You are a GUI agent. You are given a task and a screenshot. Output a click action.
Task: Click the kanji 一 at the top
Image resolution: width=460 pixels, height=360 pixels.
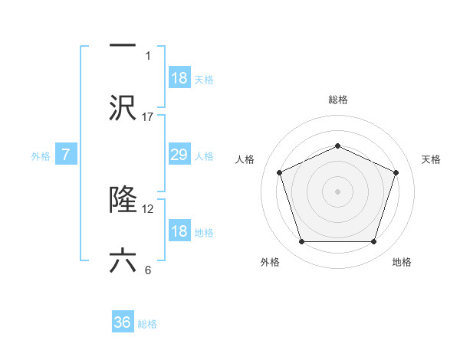[x=123, y=45]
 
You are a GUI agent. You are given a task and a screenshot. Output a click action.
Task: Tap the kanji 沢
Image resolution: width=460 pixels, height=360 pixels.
[x=123, y=107]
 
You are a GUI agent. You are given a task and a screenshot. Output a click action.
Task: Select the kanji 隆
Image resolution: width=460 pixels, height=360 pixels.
[x=123, y=200]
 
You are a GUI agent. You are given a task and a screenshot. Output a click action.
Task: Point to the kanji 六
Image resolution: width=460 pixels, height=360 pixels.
[x=123, y=261]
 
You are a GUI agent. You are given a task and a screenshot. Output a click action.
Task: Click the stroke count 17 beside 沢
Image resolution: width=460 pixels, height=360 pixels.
[x=148, y=116]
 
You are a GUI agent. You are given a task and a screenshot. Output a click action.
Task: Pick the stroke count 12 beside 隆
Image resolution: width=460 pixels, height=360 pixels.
[x=148, y=208]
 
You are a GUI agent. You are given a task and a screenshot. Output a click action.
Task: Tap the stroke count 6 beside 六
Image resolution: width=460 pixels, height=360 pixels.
[x=148, y=270]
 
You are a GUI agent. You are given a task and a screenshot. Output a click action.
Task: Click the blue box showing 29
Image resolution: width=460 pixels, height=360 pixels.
[x=179, y=155]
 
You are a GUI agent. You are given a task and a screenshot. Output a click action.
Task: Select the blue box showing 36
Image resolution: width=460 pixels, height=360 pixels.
[x=123, y=322]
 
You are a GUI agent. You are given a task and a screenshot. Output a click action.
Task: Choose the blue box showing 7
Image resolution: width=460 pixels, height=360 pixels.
[x=66, y=155]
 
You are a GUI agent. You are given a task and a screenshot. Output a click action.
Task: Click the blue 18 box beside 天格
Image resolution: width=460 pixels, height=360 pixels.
[x=179, y=78]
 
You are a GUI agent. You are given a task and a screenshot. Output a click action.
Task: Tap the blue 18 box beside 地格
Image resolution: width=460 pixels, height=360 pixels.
[x=179, y=231]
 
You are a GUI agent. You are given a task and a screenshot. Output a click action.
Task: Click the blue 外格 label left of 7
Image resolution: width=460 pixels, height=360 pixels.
[x=41, y=155]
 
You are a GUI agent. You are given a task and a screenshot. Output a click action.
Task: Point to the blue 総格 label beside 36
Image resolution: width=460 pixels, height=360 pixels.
[x=147, y=323]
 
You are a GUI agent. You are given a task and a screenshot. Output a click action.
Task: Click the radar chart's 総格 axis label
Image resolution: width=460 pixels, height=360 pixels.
[x=338, y=100]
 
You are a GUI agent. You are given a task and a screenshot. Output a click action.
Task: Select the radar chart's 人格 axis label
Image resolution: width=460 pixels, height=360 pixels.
[x=245, y=159]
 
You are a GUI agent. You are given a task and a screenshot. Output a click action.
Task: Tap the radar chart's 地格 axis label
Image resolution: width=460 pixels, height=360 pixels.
[x=402, y=262]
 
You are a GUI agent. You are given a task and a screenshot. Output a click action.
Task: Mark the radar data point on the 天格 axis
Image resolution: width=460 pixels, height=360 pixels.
[x=396, y=172]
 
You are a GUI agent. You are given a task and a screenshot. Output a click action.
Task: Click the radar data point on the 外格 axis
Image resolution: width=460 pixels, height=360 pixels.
[x=301, y=242]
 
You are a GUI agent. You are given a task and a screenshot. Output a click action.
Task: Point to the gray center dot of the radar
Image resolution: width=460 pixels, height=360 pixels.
[x=337, y=191]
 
